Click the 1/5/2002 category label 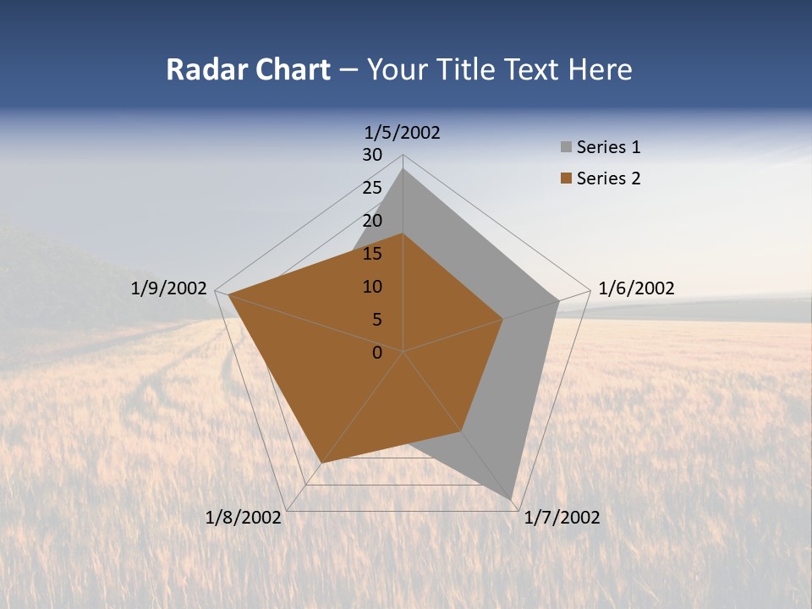click(x=403, y=133)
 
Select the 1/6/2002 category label click(x=636, y=289)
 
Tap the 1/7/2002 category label click(x=562, y=518)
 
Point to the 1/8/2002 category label click(x=244, y=518)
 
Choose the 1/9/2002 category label click(x=169, y=289)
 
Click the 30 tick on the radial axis click(x=372, y=155)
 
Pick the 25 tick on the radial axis click(x=372, y=188)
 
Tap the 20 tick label click(x=372, y=221)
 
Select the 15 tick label click(x=372, y=254)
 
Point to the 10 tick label click(x=372, y=287)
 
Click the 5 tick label click(x=377, y=320)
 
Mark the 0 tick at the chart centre click(x=377, y=353)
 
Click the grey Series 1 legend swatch click(x=566, y=148)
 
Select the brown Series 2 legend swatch click(x=566, y=178)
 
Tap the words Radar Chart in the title click(x=248, y=69)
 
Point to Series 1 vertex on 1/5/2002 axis click(x=403, y=169)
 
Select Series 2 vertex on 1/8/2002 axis click(x=321, y=463)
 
